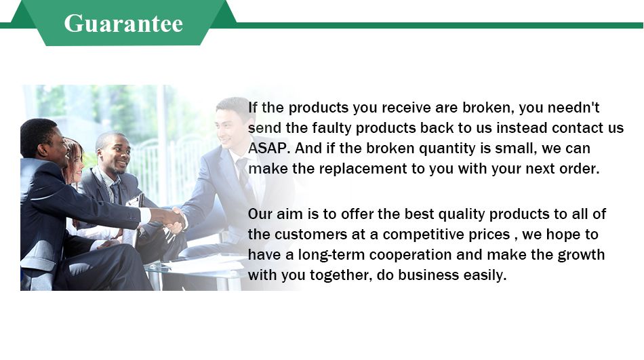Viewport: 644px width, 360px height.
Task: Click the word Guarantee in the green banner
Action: (123, 24)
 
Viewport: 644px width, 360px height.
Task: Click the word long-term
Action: (331, 255)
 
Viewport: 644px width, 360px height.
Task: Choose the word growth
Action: (581, 255)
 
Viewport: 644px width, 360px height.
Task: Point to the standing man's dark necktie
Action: (244, 176)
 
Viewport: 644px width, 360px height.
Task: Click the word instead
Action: (522, 128)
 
